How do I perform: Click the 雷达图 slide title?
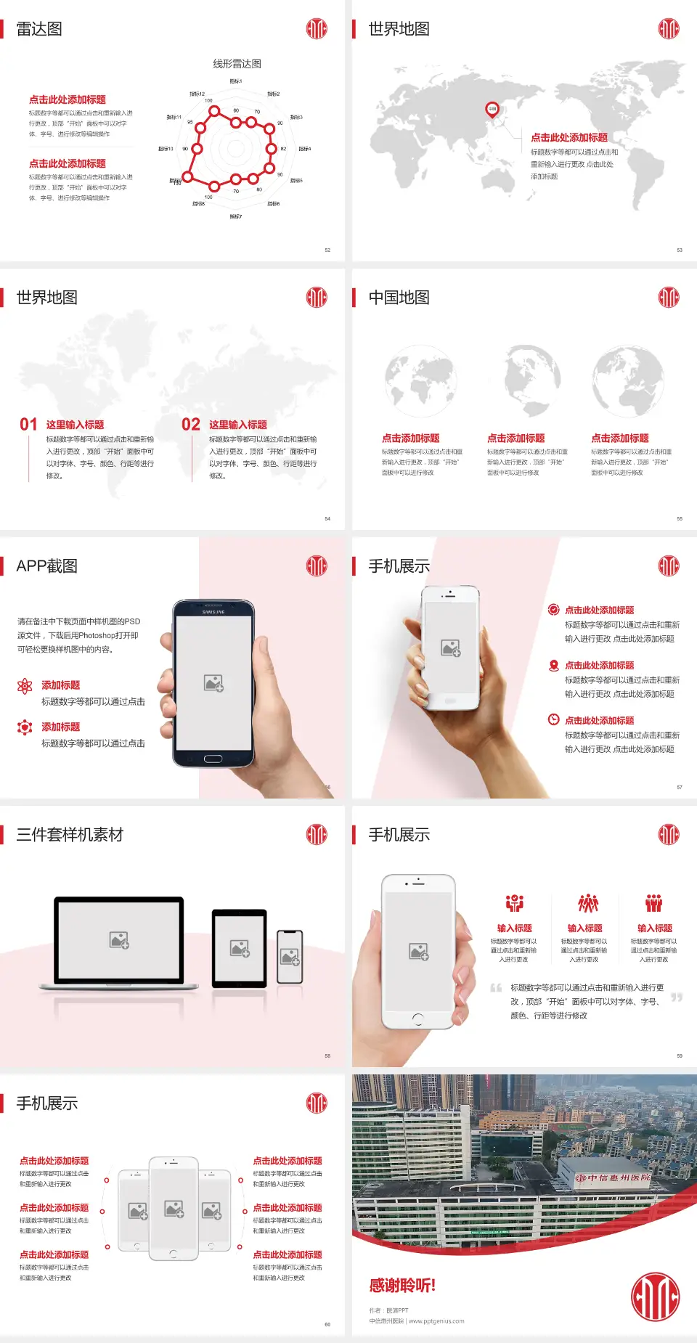click(39, 29)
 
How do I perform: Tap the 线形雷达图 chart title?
click(237, 64)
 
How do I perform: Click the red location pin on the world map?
click(492, 110)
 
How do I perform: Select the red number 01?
click(28, 425)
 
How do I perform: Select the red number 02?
click(191, 425)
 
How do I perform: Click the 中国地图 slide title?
click(399, 298)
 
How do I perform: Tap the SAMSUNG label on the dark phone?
click(213, 612)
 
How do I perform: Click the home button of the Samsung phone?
click(213, 759)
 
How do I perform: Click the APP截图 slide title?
click(47, 566)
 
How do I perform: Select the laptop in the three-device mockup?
click(119, 942)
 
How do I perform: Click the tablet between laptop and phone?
click(240, 947)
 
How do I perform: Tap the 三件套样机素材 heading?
click(70, 835)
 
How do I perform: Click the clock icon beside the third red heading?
click(553, 719)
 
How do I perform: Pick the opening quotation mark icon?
click(496, 988)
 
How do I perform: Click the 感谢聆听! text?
click(402, 1286)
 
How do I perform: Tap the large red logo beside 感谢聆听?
click(655, 1297)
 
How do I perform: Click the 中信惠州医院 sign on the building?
click(614, 1177)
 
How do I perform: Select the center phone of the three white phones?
click(174, 1208)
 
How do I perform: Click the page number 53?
click(680, 250)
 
